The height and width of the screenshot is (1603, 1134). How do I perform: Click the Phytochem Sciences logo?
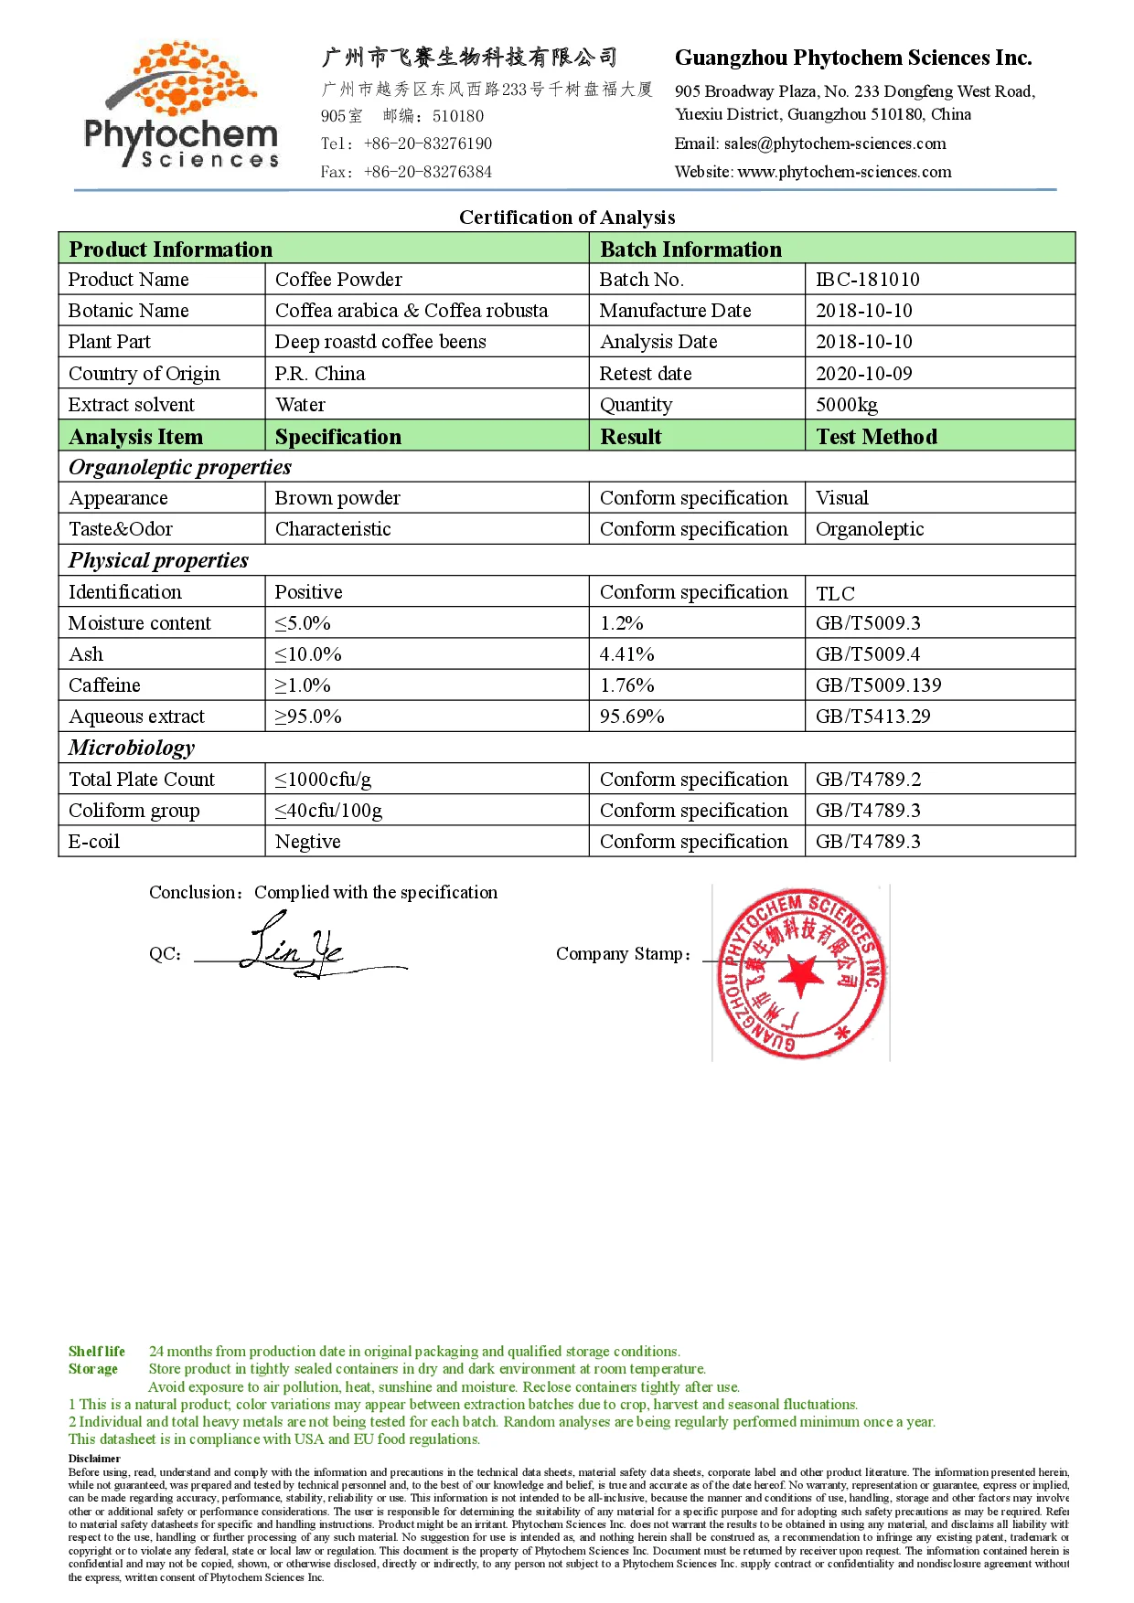[181, 106]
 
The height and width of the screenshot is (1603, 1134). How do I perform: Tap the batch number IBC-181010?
[867, 280]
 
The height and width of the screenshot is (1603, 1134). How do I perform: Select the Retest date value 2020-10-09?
[863, 374]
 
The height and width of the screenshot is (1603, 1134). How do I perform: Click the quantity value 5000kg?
[846, 405]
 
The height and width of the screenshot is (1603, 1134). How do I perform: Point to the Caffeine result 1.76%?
[626, 685]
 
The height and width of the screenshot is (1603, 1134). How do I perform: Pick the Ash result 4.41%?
[626, 654]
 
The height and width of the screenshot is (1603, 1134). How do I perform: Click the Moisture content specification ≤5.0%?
[303, 623]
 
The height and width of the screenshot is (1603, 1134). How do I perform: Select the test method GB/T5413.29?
[872, 717]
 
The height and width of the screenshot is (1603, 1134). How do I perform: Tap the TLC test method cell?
[835, 594]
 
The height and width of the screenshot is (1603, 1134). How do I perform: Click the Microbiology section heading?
[132, 748]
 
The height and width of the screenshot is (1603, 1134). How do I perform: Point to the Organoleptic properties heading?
[180, 467]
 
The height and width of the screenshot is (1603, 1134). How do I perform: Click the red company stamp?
[801, 972]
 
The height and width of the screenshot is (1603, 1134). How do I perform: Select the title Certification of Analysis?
[567, 218]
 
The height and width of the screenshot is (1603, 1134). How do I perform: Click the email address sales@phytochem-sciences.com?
[834, 143]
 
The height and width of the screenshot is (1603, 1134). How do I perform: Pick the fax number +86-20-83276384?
[427, 172]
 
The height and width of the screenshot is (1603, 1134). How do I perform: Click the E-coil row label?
[94, 842]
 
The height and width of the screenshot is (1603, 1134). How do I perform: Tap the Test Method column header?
[876, 437]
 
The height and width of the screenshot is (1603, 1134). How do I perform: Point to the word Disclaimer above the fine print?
[94, 1459]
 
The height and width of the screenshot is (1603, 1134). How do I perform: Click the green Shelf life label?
[97, 1352]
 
